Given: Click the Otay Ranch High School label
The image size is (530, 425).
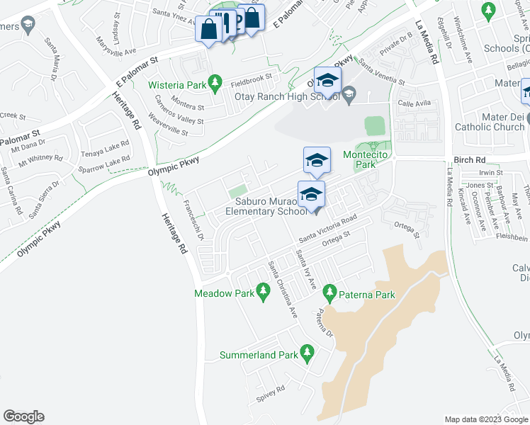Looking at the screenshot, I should pyautogui.click(x=295, y=97).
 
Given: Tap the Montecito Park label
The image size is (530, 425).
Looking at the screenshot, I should pyautogui.click(x=368, y=159).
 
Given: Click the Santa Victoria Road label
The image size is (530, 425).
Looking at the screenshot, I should pyautogui.click(x=331, y=230).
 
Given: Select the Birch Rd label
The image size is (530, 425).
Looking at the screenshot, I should pyautogui.click(x=470, y=160).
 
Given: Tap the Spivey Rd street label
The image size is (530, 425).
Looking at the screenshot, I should pyautogui.click(x=271, y=392).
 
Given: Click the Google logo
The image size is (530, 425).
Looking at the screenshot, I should pyautogui.click(x=23, y=416).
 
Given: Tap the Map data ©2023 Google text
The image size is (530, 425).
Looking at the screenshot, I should pyautogui.click(x=485, y=419).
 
